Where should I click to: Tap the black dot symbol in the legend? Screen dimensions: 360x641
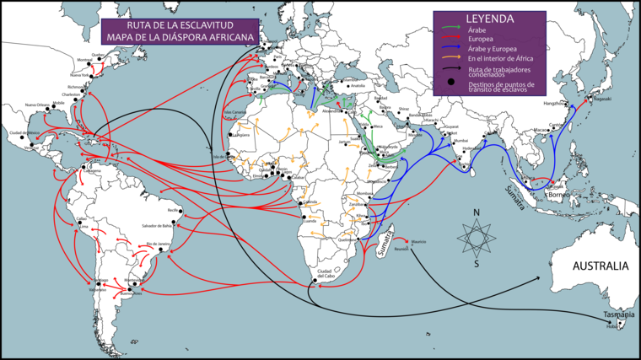coord(452,81)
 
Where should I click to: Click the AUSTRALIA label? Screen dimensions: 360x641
coord(601,266)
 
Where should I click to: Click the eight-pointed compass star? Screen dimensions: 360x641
coord(477,237)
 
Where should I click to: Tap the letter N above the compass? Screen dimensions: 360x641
coord(477,212)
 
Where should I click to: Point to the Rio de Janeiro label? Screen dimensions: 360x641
coord(159,244)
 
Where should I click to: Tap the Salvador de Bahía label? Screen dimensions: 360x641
coord(163,226)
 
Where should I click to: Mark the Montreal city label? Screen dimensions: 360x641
coord(61,60)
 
